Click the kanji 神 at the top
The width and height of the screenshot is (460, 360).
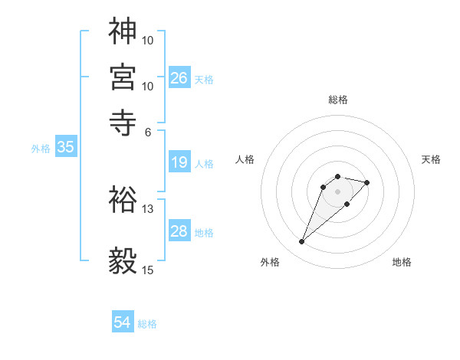[x=123, y=31]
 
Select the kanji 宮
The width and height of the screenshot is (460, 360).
[x=123, y=77]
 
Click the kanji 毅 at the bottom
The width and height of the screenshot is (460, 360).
[x=123, y=261]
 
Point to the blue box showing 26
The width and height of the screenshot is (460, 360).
[x=179, y=77]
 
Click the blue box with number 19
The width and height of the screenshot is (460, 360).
[x=179, y=162]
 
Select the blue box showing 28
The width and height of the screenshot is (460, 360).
[x=179, y=231]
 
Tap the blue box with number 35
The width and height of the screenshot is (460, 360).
[x=65, y=148]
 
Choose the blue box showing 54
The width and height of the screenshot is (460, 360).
[x=123, y=322]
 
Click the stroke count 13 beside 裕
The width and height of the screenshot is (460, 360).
[x=148, y=208]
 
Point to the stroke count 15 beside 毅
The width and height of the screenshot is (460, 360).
[x=148, y=270]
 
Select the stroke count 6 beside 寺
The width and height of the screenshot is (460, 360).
[x=148, y=131]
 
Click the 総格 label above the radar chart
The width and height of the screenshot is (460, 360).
[x=338, y=100]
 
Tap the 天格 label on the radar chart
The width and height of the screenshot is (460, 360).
[x=431, y=159]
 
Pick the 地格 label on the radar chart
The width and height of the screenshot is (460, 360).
[x=402, y=262]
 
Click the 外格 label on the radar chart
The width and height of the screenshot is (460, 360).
[x=270, y=262]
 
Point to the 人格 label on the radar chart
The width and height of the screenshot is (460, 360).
[x=245, y=159]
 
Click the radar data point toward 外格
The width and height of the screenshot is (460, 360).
[x=302, y=242]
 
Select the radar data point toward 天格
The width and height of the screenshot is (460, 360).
[x=367, y=182]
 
